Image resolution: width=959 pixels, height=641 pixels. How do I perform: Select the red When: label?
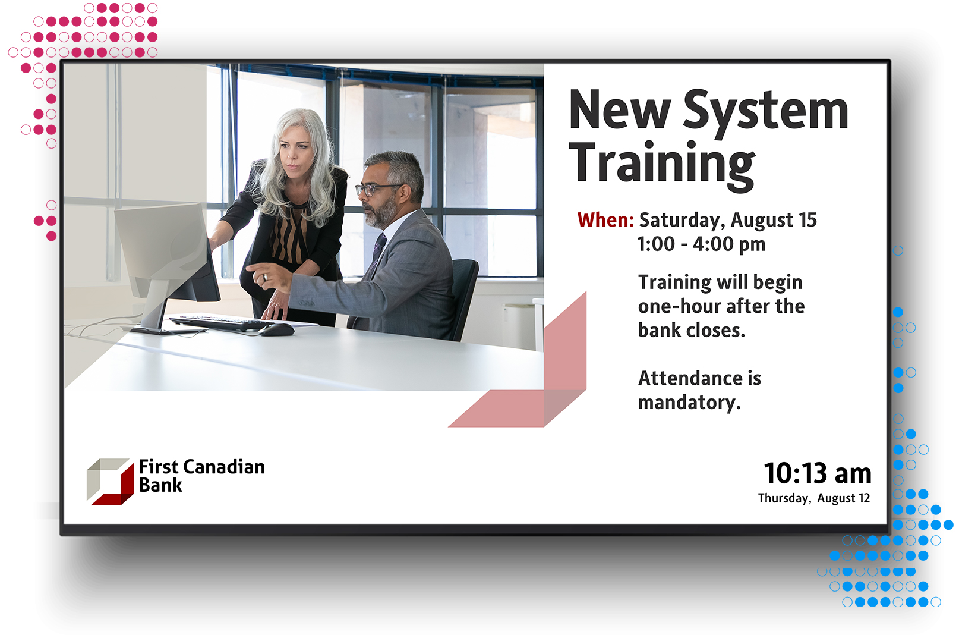605,220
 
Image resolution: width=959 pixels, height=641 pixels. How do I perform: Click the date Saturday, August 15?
728,221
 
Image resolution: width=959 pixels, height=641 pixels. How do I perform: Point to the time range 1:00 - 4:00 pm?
701,244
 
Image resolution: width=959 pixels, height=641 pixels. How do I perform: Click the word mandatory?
689,403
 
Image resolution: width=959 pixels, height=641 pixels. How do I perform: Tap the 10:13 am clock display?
818,474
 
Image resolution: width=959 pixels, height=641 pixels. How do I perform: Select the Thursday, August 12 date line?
814,498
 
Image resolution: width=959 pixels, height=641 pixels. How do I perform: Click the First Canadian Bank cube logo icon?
111,482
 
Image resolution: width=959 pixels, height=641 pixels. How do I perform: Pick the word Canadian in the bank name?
225,467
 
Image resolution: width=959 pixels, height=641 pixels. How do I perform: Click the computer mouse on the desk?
276,329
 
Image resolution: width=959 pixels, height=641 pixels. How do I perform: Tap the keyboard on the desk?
220,323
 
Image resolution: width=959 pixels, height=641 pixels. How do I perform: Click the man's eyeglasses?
376,189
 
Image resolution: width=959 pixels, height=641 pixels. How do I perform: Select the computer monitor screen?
160,249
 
